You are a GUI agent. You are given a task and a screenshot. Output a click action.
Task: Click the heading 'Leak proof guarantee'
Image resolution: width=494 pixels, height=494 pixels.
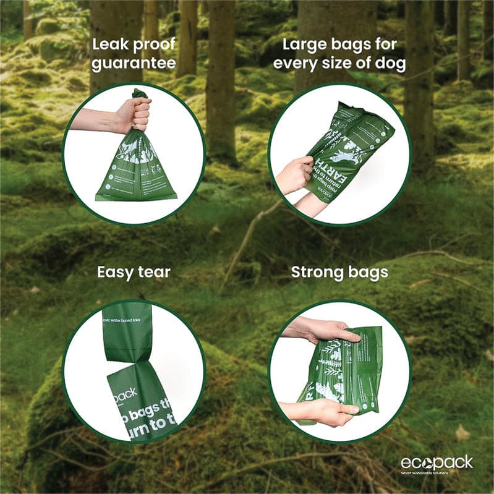click(x=134, y=54)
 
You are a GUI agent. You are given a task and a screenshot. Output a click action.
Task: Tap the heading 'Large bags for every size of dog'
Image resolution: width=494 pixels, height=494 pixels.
click(x=339, y=54)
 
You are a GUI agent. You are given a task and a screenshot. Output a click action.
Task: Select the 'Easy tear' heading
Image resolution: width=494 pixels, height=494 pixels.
click(x=134, y=272)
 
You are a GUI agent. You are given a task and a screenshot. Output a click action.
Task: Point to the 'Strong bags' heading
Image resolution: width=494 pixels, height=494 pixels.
click(x=339, y=272)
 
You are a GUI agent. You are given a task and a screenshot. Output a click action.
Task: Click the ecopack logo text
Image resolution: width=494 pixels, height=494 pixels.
click(x=437, y=462)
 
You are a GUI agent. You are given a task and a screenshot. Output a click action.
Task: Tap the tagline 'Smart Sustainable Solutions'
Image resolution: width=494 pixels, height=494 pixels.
click(x=432, y=473)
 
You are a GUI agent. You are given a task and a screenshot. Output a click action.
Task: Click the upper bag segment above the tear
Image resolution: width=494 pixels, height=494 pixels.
click(x=127, y=331)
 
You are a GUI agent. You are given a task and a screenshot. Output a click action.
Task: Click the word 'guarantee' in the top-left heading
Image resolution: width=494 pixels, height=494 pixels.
click(x=134, y=64)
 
